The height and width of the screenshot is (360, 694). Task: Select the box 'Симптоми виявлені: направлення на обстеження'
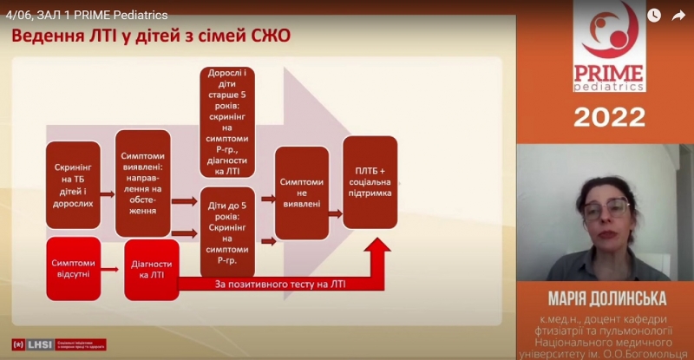point(143,183)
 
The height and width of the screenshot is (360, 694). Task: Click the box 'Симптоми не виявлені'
point(302,193)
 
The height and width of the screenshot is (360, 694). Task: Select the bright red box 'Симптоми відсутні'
point(73,268)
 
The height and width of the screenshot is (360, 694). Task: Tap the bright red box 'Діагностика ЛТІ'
point(152,268)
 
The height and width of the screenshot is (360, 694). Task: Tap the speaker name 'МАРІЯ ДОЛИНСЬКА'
point(605,299)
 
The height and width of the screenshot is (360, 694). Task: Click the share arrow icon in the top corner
point(678,15)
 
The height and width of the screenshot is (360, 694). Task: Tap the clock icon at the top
point(653,15)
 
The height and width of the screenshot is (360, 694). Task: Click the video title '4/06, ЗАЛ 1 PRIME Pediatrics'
point(87,14)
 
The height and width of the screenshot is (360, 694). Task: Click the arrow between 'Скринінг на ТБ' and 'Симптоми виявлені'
point(108,196)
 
